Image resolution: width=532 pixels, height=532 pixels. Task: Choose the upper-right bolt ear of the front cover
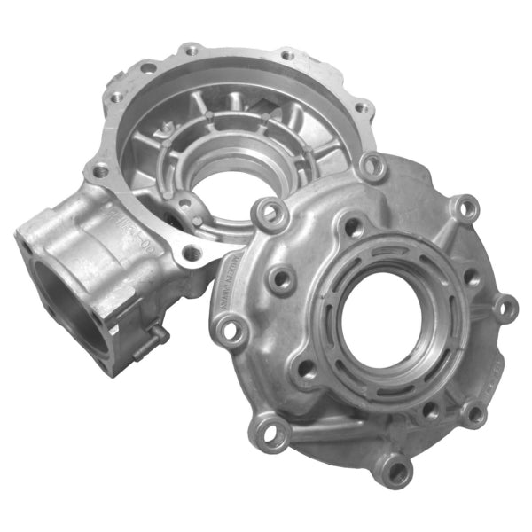[x=464, y=208]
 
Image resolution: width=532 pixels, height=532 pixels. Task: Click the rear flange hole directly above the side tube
[x=101, y=168]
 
